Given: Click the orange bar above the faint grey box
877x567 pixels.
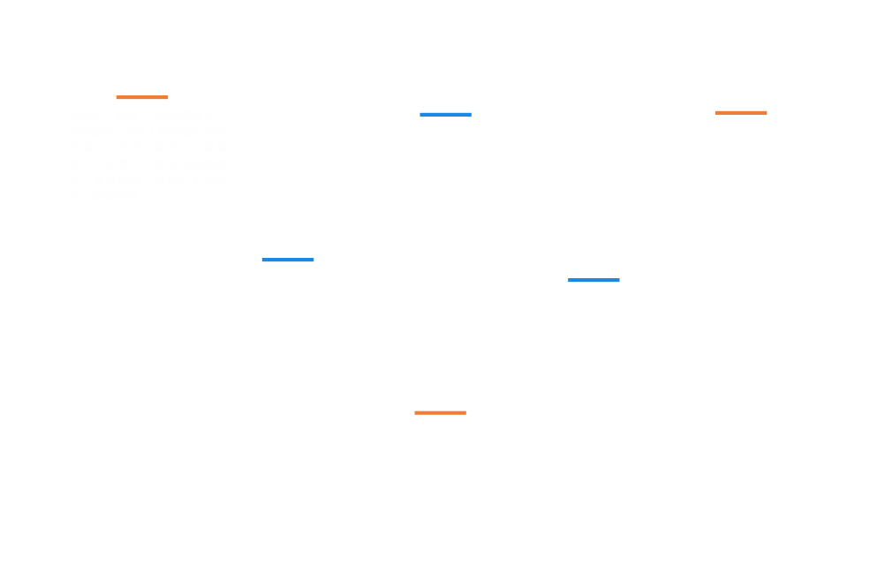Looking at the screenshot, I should [141, 97].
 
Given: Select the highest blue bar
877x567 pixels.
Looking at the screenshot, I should [445, 114].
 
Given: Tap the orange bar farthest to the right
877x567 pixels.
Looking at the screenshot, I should [740, 112].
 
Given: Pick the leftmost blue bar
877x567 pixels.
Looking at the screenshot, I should [287, 260].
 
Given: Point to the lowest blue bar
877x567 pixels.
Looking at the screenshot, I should [593, 280].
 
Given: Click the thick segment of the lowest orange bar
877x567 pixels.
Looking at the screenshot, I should [428, 412].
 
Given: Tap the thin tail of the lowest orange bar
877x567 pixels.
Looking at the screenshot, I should [455, 412].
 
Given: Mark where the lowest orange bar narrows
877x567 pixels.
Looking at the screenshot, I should [444, 412].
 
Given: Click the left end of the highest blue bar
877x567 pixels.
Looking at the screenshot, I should [420, 114].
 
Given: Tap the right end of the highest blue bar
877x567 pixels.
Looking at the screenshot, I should [471, 114].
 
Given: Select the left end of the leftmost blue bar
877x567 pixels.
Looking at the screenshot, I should [262, 260].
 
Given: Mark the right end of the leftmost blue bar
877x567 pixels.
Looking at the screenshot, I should [314, 260].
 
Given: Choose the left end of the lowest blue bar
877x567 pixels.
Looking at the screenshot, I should [569, 280].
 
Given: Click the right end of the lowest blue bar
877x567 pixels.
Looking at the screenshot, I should [619, 280].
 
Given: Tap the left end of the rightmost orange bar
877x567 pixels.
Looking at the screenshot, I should [715, 112].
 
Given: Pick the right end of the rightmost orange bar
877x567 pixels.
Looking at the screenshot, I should [767, 112].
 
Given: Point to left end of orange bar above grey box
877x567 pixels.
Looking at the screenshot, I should [117, 97].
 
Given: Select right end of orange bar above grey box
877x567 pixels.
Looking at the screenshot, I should [168, 97].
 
